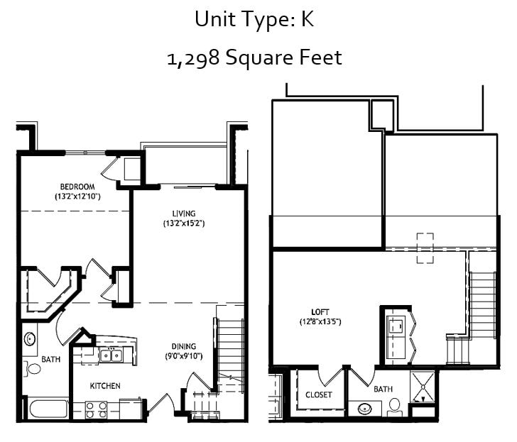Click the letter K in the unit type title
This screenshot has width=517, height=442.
tap(307, 20)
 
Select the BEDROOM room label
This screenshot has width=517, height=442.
tap(77, 187)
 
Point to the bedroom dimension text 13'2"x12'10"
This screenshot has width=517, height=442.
tap(77, 196)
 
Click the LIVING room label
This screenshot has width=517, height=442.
tap(183, 213)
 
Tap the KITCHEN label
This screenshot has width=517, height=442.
tap(104, 386)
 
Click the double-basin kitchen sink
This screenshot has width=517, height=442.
tap(110, 355)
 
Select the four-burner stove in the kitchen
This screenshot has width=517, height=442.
tap(96, 409)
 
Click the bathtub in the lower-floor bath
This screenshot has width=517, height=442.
tap(48, 409)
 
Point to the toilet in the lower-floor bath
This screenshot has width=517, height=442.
tap(32, 368)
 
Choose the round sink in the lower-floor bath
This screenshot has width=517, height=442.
tap(30, 338)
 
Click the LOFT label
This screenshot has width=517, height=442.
tap(320, 311)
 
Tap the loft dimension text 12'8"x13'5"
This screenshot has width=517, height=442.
tap(320, 322)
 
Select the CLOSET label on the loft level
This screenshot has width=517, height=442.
tap(319, 394)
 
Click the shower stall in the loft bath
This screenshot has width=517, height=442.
tap(425, 387)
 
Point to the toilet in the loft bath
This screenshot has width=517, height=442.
tap(395, 407)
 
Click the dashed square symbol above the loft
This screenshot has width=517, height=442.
tap(425, 248)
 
